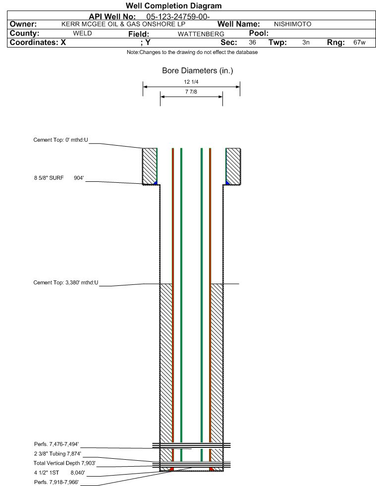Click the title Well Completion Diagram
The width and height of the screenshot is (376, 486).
point(173,5)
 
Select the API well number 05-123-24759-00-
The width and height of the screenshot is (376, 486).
point(178,16)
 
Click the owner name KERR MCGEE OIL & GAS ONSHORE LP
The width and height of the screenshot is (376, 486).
point(123,24)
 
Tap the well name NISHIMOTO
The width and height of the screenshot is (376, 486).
point(293,24)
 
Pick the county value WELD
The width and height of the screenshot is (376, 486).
point(82,34)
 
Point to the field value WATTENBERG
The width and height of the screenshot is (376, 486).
point(201,34)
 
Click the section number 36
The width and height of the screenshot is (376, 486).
point(252,43)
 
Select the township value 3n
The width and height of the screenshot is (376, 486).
point(306,43)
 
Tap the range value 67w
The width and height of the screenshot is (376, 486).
point(359,43)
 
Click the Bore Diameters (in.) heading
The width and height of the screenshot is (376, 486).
point(198,71)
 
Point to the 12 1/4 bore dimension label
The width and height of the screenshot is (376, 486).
point(191,82)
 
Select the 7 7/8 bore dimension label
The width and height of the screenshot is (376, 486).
point(191,92)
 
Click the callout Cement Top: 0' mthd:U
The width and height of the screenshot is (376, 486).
point(61,140)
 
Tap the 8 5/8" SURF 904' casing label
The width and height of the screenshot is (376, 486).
point(59,178)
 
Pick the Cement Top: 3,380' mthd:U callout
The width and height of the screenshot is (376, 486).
point(66,282)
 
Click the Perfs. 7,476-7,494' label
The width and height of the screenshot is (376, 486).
point(56,444)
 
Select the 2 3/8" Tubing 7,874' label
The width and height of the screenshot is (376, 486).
point(57,454)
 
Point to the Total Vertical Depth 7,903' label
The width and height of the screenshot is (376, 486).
point(64,463)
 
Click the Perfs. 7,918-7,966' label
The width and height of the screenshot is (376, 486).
point(56,482)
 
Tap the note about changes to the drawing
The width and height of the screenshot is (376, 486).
point(192,52)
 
